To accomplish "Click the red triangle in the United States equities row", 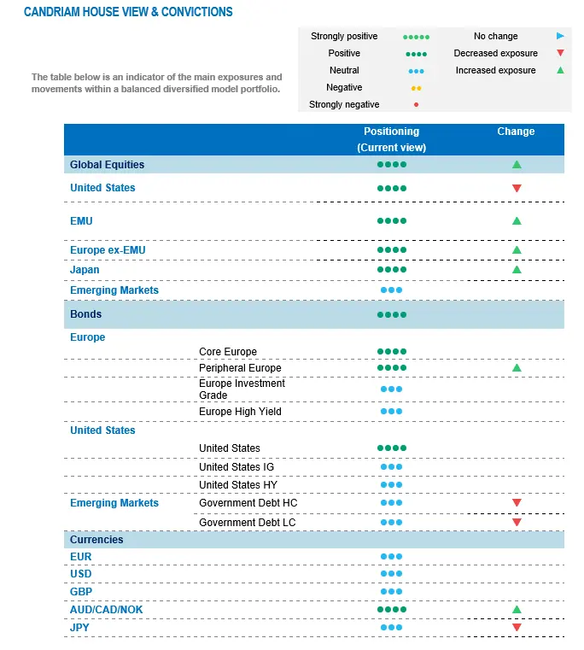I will tap(517, 188).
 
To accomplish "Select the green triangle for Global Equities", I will tap(517, 165).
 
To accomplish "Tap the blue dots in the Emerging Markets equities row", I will tap(391, 290).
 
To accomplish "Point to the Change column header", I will tap(516, 132).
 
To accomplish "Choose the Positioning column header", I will tap(391, 139).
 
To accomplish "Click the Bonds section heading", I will tap(85, 314).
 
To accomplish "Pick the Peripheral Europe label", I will tap(240, 368).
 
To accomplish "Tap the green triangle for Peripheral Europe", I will tap(517, 368).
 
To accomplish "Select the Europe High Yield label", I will tap(240, 412).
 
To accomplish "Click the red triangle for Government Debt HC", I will tap(517, 503).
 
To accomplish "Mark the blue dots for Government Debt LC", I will tap(391, 523).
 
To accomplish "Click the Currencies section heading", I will tap(96, 540).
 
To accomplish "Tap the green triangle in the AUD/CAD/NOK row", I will tap(517, 610).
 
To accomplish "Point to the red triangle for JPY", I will tap(517, 628).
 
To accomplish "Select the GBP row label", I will tap(81, 592).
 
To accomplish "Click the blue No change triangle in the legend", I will tap(560, 37).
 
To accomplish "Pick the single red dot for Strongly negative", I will tap(416, 105).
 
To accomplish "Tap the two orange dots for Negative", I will tap(416, 88).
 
